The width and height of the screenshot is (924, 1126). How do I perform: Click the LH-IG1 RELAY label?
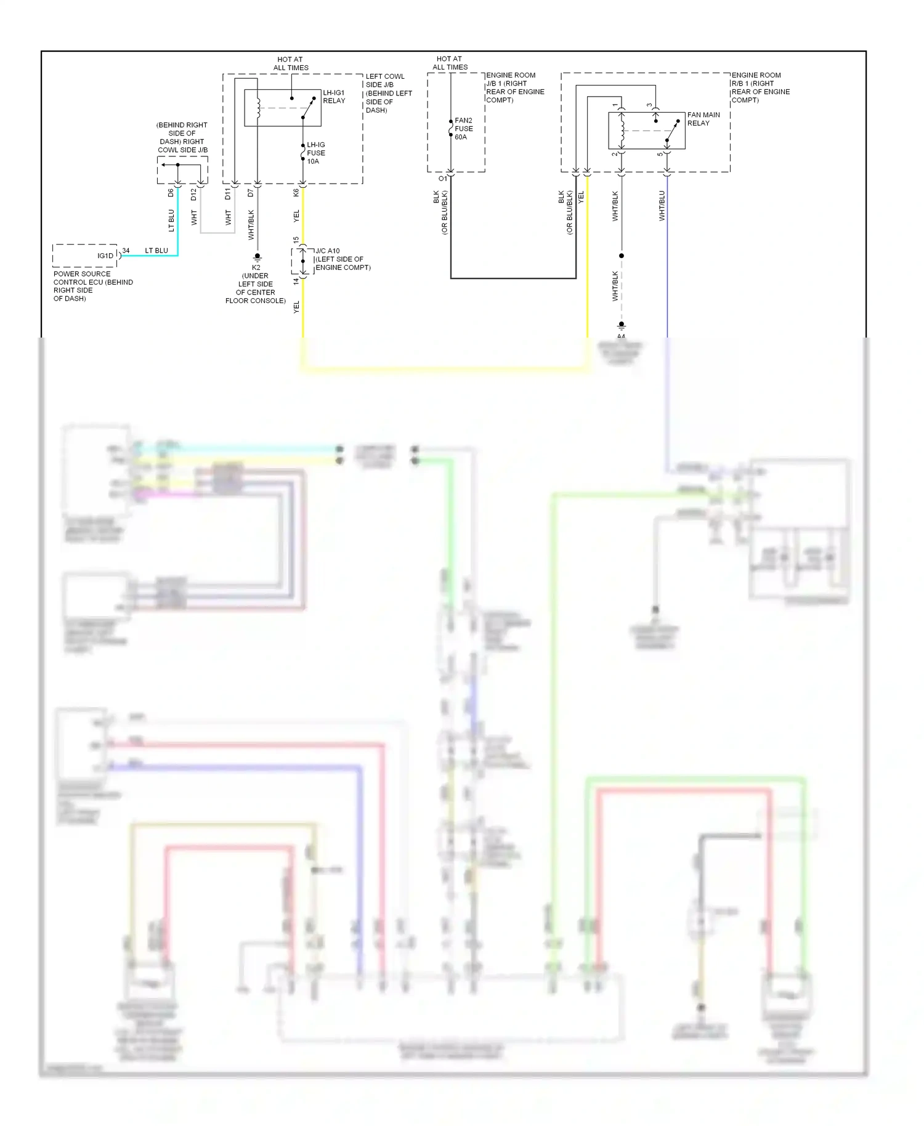334,97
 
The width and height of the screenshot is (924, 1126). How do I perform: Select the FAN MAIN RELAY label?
703,119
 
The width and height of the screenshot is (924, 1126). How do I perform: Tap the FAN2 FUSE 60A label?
463,129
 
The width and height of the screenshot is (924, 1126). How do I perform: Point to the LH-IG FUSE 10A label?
316,153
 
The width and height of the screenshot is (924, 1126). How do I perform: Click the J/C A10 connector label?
342,259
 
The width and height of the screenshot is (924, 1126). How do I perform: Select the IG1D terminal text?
105,256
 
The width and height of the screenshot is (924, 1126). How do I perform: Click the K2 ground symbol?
257,257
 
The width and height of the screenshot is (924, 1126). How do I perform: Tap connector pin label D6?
171,193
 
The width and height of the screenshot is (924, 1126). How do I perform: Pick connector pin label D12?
193,194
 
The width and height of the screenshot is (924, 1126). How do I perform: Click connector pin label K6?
296,193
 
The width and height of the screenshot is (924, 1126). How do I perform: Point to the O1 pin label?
442,179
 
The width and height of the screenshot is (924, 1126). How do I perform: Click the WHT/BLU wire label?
662,206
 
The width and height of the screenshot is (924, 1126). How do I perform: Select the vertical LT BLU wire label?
171,221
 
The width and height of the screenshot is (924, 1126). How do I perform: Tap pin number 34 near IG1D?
126,251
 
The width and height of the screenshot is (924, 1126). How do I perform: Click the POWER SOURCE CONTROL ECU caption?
92,286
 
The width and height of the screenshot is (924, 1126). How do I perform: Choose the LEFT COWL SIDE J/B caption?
388,93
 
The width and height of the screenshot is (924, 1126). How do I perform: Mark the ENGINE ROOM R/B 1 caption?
760,87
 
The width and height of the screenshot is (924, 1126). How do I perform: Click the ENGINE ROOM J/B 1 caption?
515,87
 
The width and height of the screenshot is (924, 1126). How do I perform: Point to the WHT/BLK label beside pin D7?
251,225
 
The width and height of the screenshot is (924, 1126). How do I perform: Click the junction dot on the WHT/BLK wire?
622,256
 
